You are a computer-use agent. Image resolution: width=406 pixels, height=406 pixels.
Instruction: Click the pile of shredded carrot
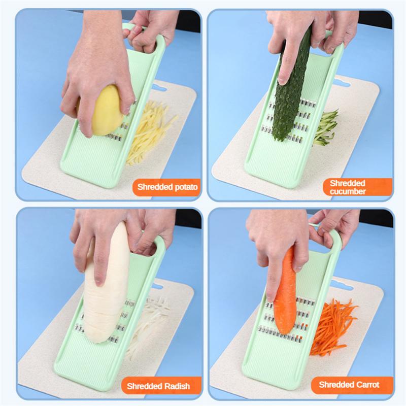coord(332,325)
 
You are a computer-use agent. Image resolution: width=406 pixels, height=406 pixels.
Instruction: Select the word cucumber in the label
coord(348,191)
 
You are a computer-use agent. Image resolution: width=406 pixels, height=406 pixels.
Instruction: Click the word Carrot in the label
coord(368,384)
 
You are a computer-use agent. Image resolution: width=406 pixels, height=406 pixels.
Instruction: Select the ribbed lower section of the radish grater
coord(109,365)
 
